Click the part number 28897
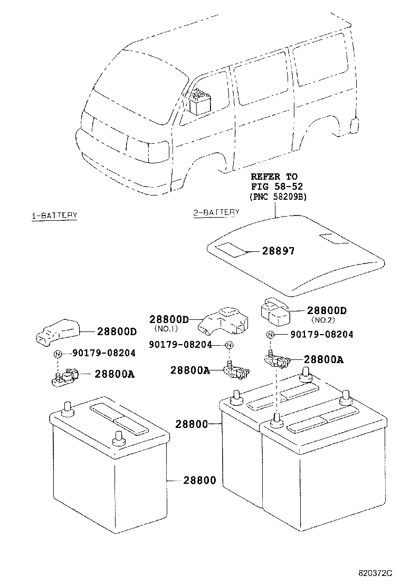[x=278, y=251]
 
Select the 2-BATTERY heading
[x=216, y=212]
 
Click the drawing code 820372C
[x=376, y=572]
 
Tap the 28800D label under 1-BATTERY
[x=117, y=331]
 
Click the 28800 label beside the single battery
[x=199, y=480]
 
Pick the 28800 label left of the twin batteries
[x=192, y=423]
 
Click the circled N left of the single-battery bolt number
[x=58, y=354]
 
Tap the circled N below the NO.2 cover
[x=270, y=335]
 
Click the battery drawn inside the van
[x=201, y=102]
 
